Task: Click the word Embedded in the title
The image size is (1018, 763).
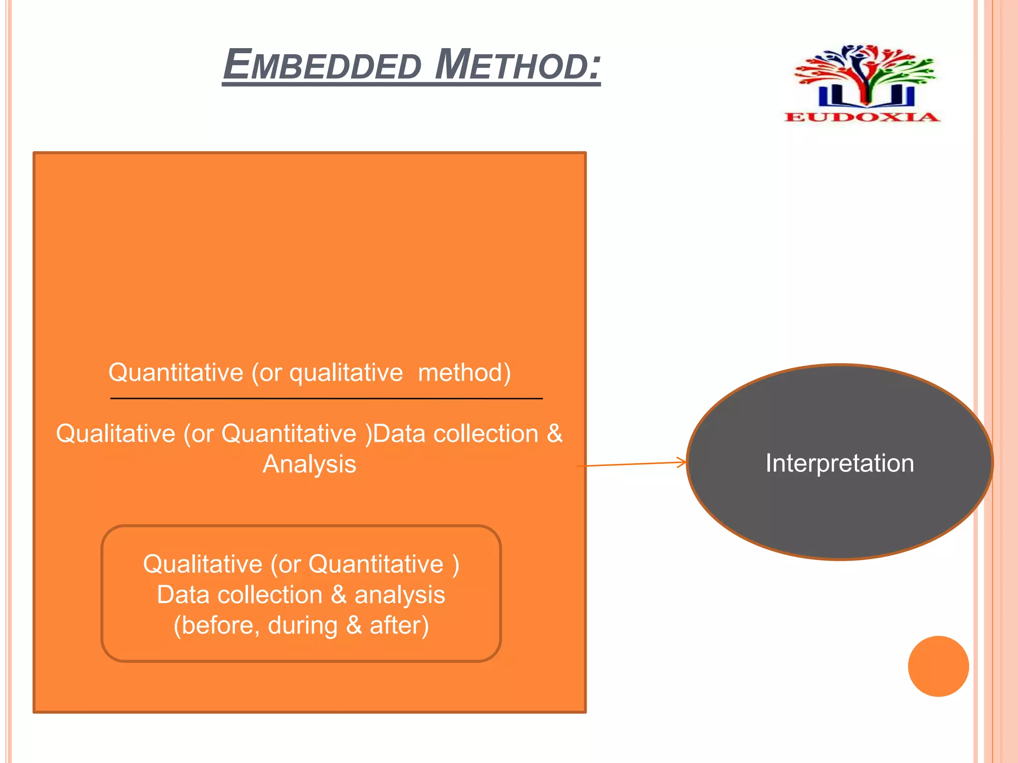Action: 322,65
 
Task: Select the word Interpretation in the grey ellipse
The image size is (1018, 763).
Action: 840,463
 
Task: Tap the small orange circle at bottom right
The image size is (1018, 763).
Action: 938,666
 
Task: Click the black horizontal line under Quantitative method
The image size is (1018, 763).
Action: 326,398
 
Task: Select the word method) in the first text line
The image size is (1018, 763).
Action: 464,373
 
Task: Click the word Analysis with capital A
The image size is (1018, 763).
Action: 309,464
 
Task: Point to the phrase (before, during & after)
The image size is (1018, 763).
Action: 301,625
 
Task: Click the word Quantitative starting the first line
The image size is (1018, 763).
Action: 176,373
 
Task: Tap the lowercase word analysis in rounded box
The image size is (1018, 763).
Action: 399,595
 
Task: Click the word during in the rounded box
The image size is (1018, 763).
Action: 303,625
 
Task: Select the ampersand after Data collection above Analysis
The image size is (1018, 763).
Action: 554,434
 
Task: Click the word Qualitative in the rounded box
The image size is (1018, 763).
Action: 202,564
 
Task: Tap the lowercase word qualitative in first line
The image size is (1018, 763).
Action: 346,373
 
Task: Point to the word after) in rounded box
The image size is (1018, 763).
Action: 399,625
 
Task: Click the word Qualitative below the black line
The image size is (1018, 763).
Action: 115,434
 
